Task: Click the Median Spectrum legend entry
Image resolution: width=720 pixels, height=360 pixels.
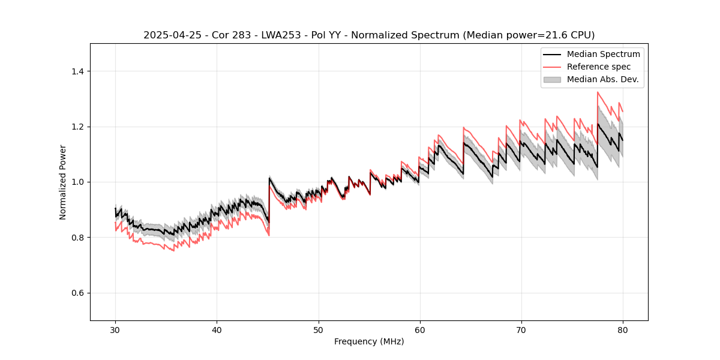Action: (x=603, y=54)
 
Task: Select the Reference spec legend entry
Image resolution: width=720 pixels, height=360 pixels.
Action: (x=598, y=67)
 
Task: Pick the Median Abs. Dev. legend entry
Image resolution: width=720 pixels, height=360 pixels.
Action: (x=602, y=79)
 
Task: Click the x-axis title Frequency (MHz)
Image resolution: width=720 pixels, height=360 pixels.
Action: (x=369, y=341)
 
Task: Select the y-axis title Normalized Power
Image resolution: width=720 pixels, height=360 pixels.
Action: (x=63, y=182)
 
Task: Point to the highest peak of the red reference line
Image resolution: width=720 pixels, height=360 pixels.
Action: (x=598, y=92)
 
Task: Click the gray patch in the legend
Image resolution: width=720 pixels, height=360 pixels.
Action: (x=552, y=79)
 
